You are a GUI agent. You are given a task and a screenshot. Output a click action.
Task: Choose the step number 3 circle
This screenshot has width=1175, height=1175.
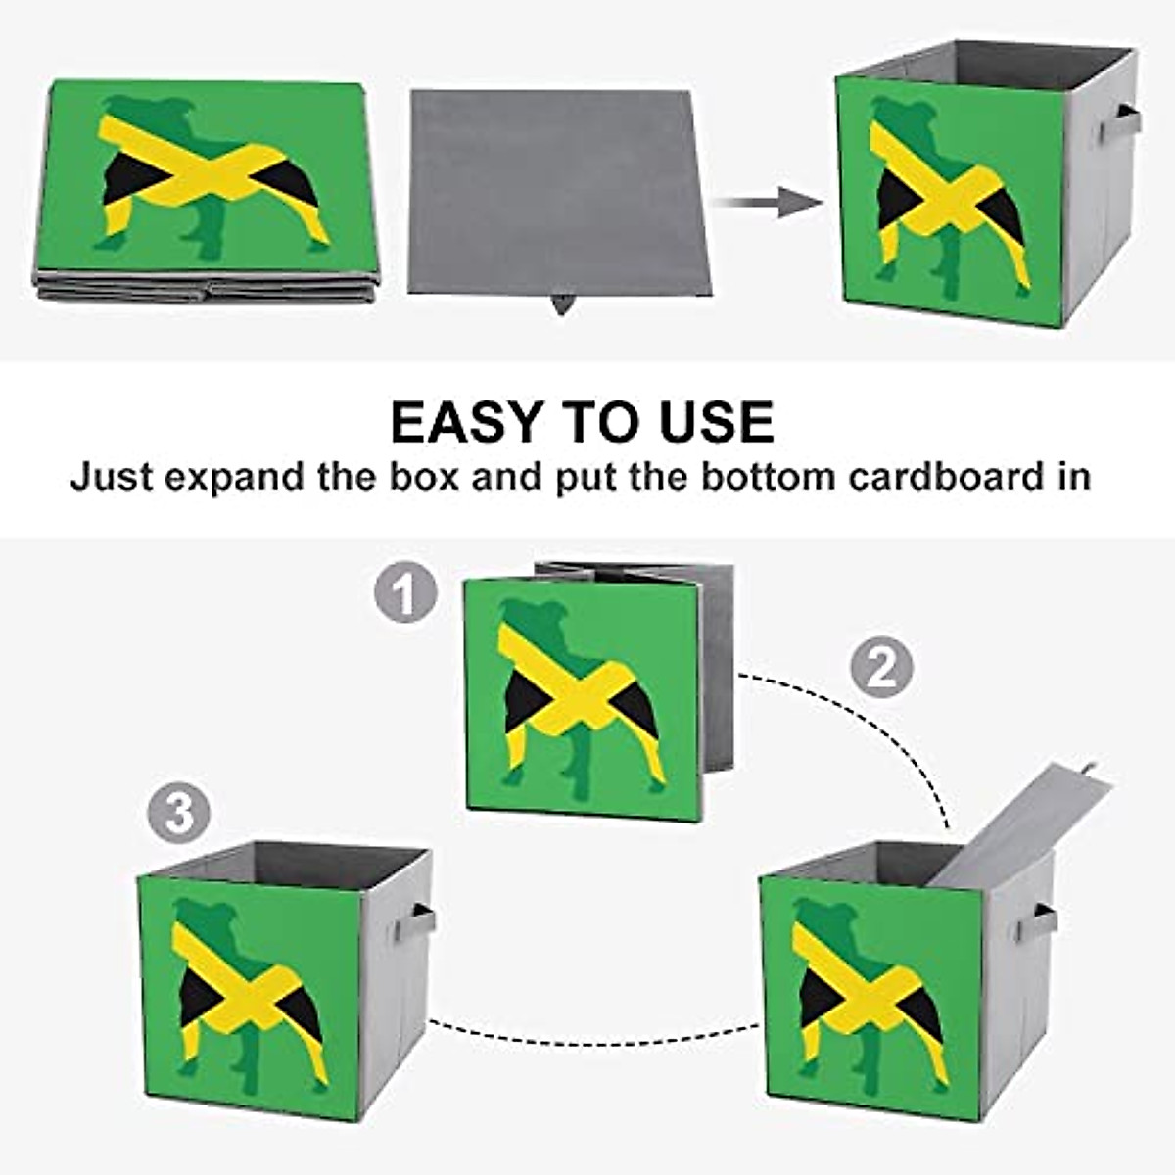pyautogui.click(x=179, y=813)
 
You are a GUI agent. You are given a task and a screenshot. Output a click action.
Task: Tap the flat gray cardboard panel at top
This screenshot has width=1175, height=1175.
pyautogui.click(x=554, y=191)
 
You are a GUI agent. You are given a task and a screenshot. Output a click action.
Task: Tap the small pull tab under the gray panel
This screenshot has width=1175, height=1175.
pyautogui.click(x=561, y=305)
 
